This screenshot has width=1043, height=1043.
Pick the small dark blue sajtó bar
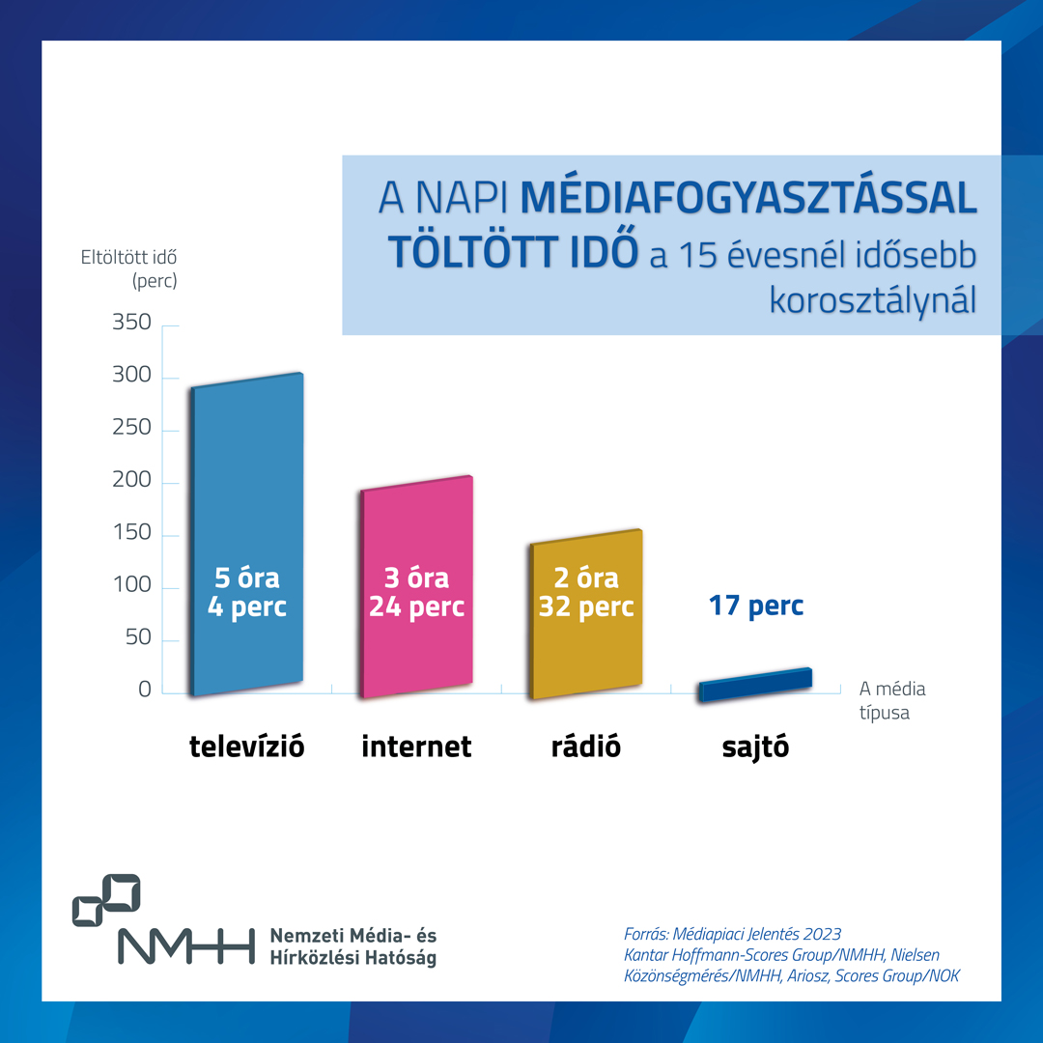click(x=755, y=684)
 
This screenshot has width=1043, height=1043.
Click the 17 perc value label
click(x=755, y=606)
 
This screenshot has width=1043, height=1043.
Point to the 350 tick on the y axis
click(x=132, y=323)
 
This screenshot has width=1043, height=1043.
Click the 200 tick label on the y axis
click(x=132, y=480)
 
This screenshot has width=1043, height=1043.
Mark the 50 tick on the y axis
click(x=138, y=637)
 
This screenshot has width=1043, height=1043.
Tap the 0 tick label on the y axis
click(x=145, y=690)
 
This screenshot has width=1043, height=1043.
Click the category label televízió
click(x=247, y=747)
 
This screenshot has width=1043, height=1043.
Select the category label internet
click(x=416, y=747)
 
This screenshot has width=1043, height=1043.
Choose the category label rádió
click(x=585, y=747)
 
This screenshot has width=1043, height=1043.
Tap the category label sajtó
click(x=755, y=747)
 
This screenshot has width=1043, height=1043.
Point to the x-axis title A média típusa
click(x=891, y=701)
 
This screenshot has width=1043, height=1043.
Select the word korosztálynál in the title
click(x=872, y=299)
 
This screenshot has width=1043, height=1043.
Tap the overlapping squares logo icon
click(x=106, y=899)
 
